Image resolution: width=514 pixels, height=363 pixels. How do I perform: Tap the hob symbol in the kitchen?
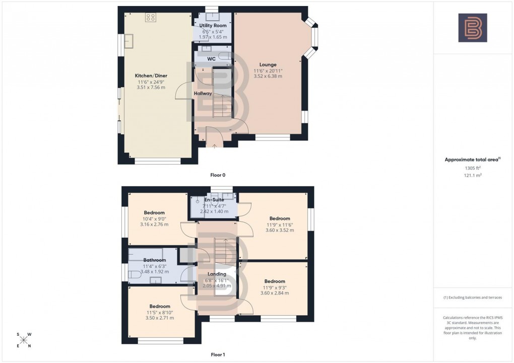click(x=150, y=18)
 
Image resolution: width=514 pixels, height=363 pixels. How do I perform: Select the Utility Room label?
click(x=213, y=25)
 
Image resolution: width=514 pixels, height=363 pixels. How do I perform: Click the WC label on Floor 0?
click(x=212, y=59)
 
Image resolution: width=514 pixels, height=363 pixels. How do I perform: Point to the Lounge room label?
click(x=268, y=64)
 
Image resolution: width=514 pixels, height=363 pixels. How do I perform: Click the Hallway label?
click(x=203, y=94)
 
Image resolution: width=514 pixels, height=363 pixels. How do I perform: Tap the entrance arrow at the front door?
click(x=215, y=146)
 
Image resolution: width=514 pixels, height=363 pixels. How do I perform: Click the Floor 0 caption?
click(x=218, y=175)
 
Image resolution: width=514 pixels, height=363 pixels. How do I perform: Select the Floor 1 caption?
click(x=218, y=354)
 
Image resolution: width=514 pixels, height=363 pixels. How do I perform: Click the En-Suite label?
click(x=214, y=200)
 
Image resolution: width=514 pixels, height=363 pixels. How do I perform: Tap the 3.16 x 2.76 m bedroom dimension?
click(x=154, y=225)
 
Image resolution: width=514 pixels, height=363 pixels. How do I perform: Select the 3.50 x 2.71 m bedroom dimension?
click(x=159, y=318)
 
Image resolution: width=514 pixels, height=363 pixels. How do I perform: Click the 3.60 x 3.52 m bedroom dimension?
click(x=280, y=230)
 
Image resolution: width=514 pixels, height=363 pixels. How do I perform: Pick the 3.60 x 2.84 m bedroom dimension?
click(x=275, y=293)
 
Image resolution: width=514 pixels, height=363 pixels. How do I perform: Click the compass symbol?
click(x=24, y=340)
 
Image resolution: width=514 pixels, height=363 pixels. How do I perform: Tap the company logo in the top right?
click(x=473, y=28)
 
